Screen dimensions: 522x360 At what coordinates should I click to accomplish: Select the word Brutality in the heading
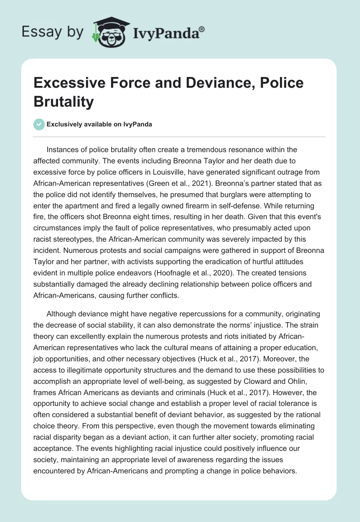[64, 102]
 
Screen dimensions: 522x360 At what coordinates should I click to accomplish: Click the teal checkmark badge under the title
[39, 124]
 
